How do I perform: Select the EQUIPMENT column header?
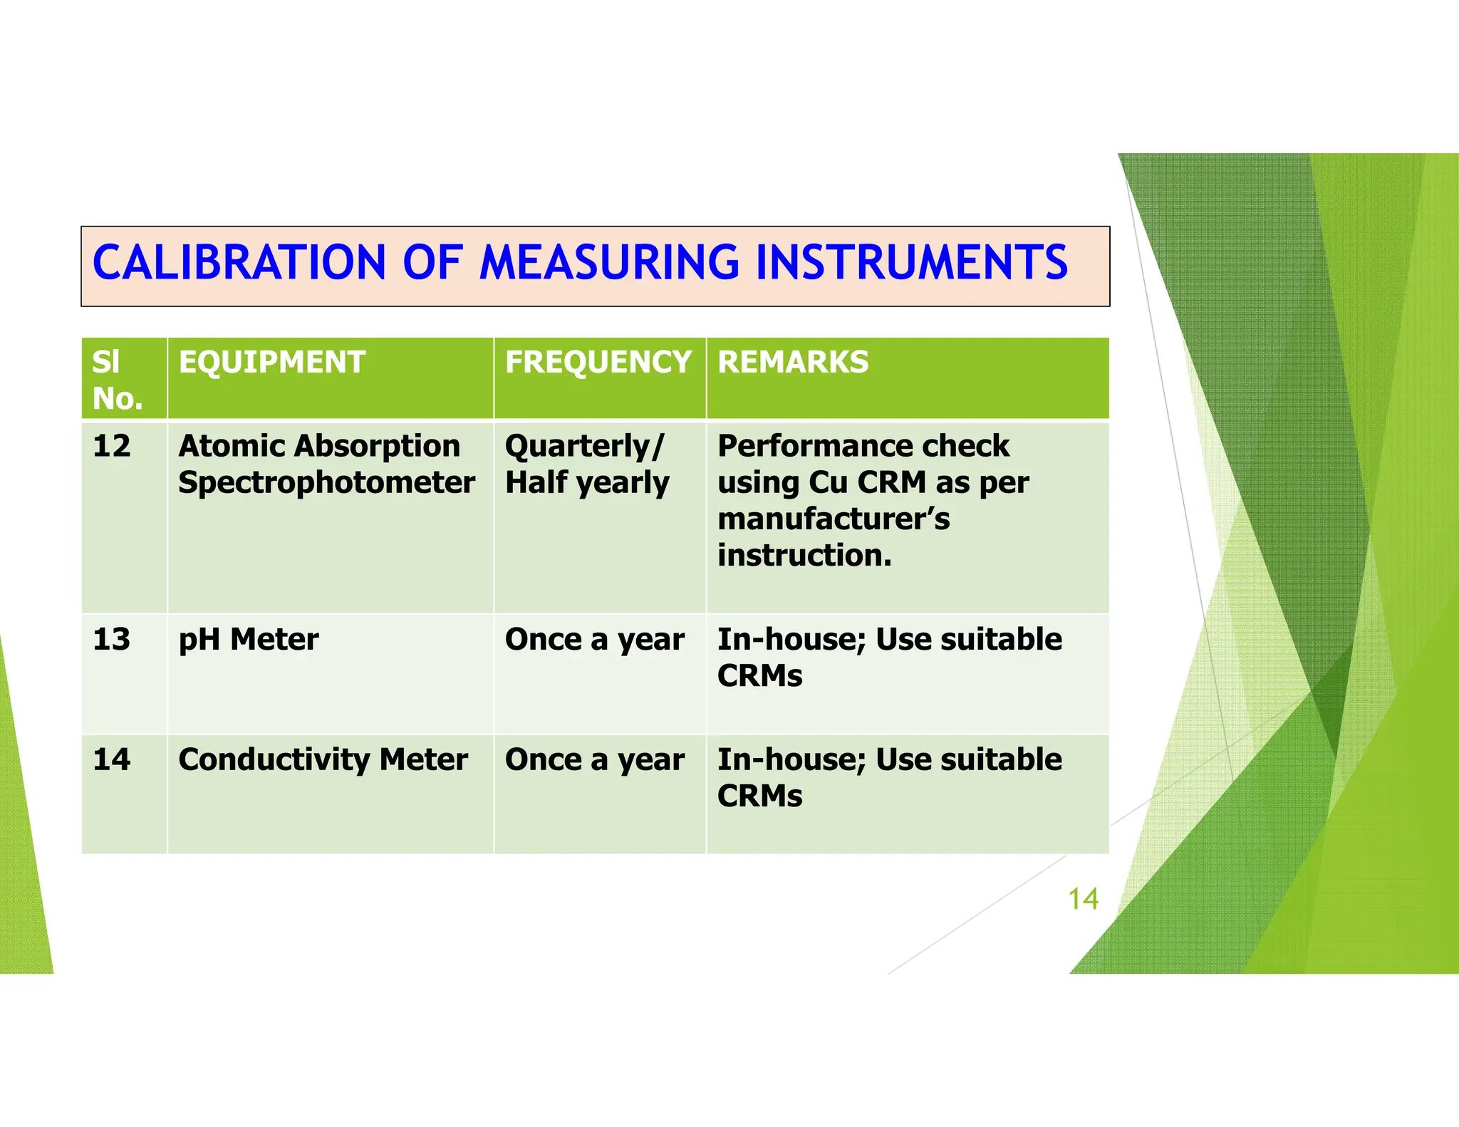click(x=272, y=362)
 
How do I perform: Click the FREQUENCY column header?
click(x=598, y=362)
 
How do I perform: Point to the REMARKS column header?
click(x=793, y=362)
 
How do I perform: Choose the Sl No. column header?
click(x=118, y=380)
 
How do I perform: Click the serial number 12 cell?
click(x=112, y=447)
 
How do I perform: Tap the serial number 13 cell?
click(x=112, y=639)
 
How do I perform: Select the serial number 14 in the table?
click(x=112, y=759)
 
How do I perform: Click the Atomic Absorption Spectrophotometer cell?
click(x=326, y=464)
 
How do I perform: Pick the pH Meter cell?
click(x=249, y=639)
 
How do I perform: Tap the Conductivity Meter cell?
click(x=323, y=759)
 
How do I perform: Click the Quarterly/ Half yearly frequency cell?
click(x=587, y=464)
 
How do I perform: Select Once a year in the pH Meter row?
click(x=595, y=639)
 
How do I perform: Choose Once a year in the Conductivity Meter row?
click(x=595, y=759)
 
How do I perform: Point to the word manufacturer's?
click(x=834, y=519)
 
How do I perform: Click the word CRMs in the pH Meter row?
click(x=759, y=676)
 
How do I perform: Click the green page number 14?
click(x=1083, y=899)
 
